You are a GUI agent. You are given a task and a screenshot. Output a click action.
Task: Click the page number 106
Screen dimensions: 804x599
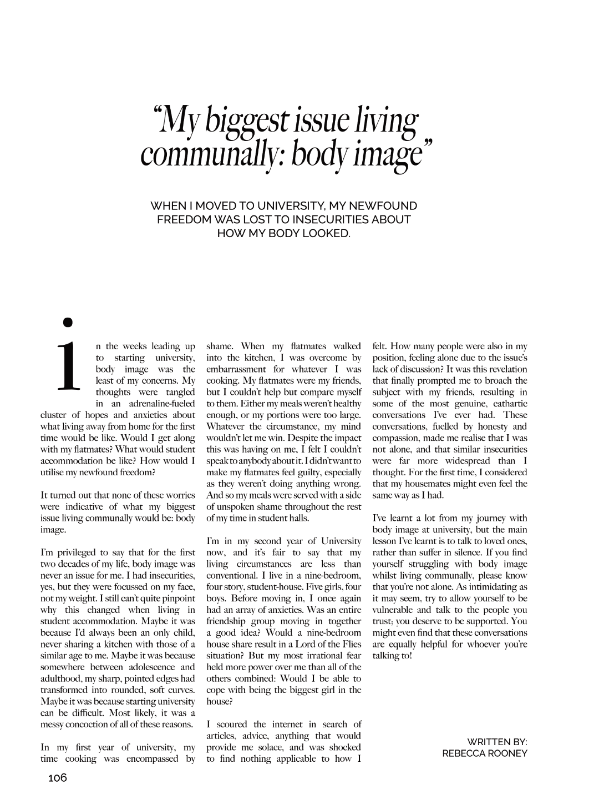(57, 778)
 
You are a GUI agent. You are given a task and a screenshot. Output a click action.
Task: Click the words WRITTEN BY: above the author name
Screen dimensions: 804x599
(497, 741)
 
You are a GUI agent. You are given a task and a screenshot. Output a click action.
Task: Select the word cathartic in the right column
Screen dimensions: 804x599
(508, 404)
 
